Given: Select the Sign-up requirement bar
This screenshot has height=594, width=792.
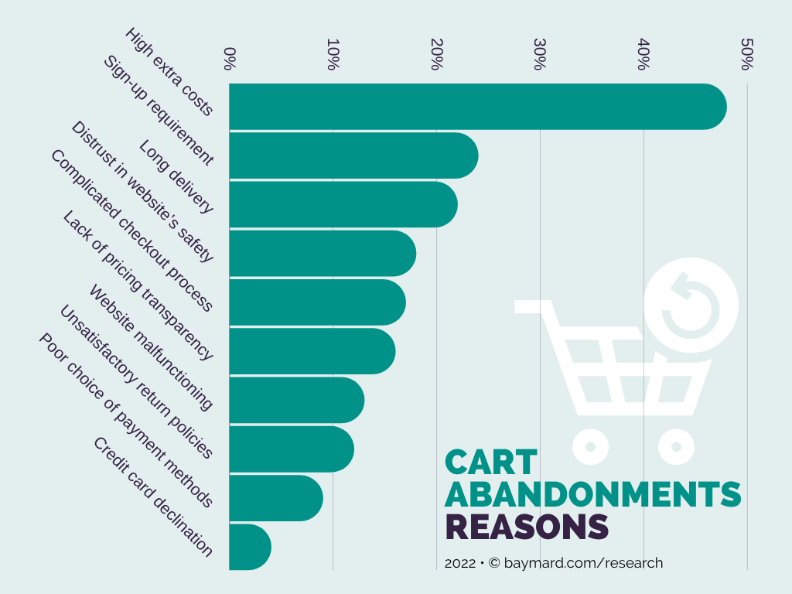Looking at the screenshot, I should pyautogui.click(x=353, y=155).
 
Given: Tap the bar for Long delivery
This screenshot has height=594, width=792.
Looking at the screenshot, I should pyautogui.click(x=343, y=204).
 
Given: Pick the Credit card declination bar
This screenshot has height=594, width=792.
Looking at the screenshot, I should pyautogui.click(x=250, y=547).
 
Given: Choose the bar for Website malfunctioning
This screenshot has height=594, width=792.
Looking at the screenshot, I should pyautogui.click(x=296, y=400).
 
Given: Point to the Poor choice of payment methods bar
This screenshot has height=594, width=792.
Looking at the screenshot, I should pyautogui.click(x=275, y=498).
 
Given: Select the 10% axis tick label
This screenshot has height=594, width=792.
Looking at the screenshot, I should pyautogui.click(x=332, y=55).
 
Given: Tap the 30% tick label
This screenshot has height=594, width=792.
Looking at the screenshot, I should pyautogui.click(x=539, y=55).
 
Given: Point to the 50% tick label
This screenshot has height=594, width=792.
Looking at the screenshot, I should pyautogui.click(x=746, y=55).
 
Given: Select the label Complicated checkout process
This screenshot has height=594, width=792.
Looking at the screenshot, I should pyautogui.click(x=131, y=230).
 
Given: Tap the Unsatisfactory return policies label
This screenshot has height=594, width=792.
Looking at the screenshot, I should pyautogui.click(x=135, y=382).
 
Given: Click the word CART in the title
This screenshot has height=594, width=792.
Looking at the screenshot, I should pyautogui.click(x=490, y=463).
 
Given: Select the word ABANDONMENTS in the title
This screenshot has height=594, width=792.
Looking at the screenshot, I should pyautogui.click(x=592, y=495).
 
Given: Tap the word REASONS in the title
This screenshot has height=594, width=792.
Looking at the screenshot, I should pyautogui.click(x=527, y=527).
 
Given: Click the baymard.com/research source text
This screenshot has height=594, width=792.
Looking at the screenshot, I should pyautogui.click(x=583, y=563).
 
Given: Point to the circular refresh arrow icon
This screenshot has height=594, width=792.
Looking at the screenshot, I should pyautogui.click(x=690, y=304).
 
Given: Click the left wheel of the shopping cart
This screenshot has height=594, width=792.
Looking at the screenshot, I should pyautogui.click(x=590, y=446).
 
